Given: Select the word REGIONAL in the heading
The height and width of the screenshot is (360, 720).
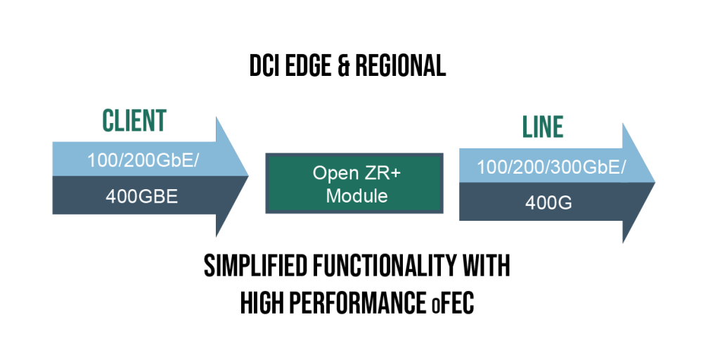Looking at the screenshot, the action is pos(400,66).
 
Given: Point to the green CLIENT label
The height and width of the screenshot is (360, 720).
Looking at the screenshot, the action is pos(134,121).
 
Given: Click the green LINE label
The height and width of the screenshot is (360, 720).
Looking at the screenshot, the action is pos(543,127).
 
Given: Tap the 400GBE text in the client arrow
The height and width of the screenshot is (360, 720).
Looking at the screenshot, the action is pos(141,197).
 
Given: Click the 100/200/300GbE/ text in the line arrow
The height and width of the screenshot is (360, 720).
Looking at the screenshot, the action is pos(551,167).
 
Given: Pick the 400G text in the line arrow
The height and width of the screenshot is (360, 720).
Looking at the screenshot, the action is pos(548,203).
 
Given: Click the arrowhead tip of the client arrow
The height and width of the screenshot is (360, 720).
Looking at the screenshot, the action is pos(248,175).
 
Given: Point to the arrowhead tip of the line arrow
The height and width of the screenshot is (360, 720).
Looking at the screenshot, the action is pos(655,182).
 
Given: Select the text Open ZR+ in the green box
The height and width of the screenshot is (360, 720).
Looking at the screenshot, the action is pos(354,173).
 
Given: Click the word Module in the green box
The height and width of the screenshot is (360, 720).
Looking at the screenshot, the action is pos(356,196).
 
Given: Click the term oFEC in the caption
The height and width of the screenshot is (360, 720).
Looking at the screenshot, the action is pos(453,304).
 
